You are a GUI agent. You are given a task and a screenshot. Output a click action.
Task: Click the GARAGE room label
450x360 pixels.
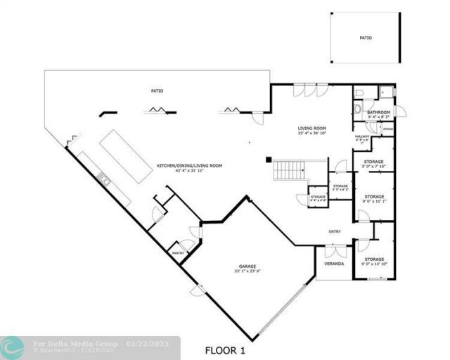click(247, 267)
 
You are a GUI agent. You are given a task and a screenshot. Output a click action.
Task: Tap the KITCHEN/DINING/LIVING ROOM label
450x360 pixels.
click(189, 166)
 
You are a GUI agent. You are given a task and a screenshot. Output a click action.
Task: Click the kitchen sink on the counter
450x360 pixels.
click(104, 179)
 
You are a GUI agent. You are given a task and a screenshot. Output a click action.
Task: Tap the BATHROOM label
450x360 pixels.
click(378, 112)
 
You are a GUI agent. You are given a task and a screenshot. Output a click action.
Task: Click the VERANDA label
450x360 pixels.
click(333, 264)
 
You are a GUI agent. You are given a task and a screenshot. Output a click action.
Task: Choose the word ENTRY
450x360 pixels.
click(335, 231)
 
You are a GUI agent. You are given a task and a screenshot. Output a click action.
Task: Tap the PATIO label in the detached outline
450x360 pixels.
click(365, 38)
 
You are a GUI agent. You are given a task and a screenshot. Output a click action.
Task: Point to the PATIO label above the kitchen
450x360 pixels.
click(157, 90)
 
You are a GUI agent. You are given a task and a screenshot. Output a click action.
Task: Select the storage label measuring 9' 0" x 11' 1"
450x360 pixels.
click(374, 198)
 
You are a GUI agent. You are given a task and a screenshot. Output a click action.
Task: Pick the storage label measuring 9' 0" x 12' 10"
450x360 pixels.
click(374, 261)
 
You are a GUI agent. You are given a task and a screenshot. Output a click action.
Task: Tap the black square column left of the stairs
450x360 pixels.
click(268, 159)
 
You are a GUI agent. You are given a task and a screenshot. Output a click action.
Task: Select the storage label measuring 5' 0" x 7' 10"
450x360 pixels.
click(374, 163)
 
